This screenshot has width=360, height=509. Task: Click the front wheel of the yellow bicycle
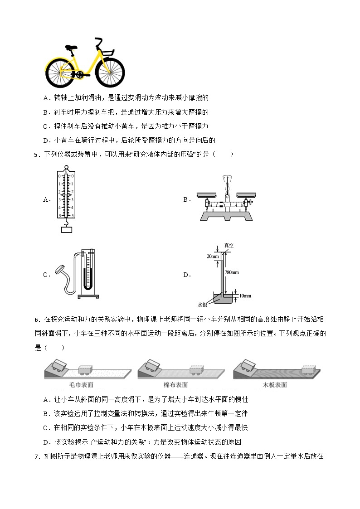pyautogui.click(x=110, y=72)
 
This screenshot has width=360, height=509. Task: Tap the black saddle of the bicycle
pyautogui.click(x=71, y=47)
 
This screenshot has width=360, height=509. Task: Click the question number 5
pyautogui.click(x=36, y=155)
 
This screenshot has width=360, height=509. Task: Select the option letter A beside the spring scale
pyautogui.click(x=46, y=199)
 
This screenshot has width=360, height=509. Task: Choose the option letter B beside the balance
pyautogui.click(x=185, y=199)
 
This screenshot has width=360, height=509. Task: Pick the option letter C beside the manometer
pyautogui.click(x=46, y=274)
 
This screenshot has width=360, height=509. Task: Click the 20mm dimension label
pyautogui.click(x=212, y=256)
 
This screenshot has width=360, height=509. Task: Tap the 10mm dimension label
pyautogui.click(x=245, y=296)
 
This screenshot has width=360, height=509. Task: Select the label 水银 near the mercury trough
pyautogui.click(x=202, y=304)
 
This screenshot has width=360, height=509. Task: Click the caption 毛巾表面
pyautogui.click(x=82, y=384)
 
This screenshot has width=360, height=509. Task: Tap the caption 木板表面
pyautogui.click(x=275, y=384)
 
